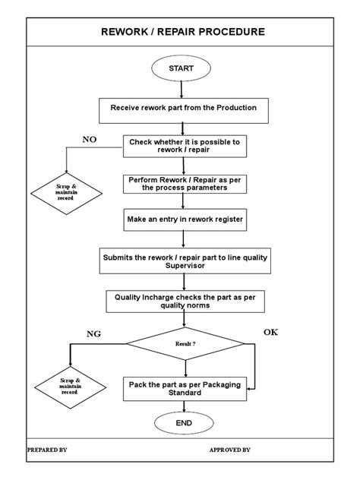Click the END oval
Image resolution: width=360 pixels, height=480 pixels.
tap(182, 423)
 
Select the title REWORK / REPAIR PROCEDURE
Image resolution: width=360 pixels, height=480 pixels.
tap(183, 32)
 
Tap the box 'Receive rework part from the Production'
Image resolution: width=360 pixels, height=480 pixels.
tap(183, 109)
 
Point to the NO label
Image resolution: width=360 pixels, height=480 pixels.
tap(90, 139)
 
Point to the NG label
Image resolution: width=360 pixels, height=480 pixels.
tap(93, 333)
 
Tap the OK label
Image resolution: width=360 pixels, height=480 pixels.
tap(271, 333)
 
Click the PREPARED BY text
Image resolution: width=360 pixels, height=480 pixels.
tap(47, 450)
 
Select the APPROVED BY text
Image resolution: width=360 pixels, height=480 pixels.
tap(230, 450)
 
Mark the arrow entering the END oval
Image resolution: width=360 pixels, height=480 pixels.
tap(182, 407)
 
